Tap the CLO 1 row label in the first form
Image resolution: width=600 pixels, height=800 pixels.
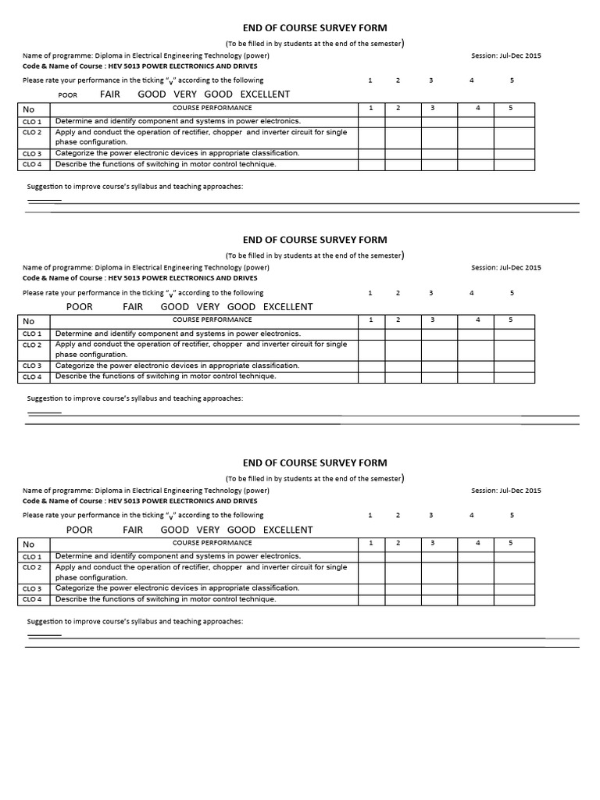click(32, 122)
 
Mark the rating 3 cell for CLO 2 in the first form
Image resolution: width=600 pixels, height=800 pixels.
click(431, 137)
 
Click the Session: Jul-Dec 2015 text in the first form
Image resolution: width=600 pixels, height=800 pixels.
click(505, 55)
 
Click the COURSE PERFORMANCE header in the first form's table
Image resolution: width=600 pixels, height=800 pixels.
click(212, 108)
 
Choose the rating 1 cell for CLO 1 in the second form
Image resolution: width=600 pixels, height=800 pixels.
click(371, 334)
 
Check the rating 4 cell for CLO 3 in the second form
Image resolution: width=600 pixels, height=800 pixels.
click(476, 366)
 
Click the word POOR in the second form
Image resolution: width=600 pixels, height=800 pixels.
click(80, 307)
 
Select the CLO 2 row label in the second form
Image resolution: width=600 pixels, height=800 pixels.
click(32, 345)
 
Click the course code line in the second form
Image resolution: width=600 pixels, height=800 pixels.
click(140, 278)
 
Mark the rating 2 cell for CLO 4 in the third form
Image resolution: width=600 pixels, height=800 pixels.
click(398, 599)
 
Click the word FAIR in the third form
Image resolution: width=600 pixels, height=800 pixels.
click(133, 530)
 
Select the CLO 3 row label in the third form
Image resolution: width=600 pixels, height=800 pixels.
click(32, 588)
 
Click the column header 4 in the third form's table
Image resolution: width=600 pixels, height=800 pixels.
click(477, 543)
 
